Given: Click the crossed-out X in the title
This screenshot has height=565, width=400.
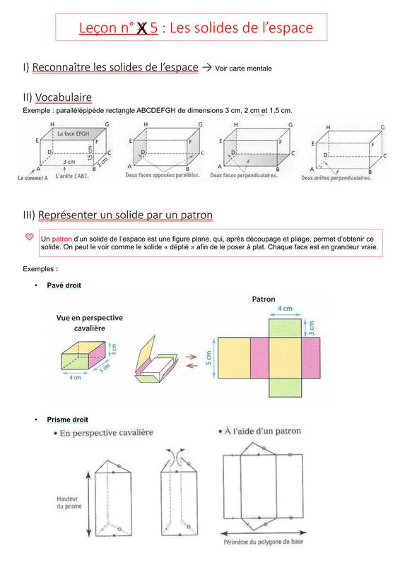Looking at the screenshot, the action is click(x=142, y=28).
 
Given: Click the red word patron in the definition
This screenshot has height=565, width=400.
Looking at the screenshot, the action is click(x=61, y=239).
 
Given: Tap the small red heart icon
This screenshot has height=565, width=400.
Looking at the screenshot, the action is click(x=30, y=237).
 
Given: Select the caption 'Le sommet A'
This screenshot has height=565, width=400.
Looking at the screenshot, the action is click(x=33, y=178).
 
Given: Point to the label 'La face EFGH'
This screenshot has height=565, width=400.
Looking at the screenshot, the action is click(x=73, y=133).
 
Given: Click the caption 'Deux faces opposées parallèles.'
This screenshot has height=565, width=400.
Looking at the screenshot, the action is click(x=163, y=175).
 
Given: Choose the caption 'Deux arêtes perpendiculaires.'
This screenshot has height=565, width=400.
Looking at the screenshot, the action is click(x=336, y=178).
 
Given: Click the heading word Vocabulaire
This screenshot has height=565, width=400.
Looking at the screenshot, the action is click(x=64, y=97).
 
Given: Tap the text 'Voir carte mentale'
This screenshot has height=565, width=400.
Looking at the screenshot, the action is click(x=243, y=69).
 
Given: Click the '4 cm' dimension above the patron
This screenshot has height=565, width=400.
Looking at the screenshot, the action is click(x=285, y=309).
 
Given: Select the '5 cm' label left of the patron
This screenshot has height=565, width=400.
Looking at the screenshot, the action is click(x=209, y=358).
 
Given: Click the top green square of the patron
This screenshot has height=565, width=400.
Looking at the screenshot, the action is click(x=285, y=328).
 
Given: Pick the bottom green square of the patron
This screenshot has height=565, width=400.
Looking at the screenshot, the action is click(x=285, y=387).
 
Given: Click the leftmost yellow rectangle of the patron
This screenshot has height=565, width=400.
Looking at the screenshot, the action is click(x=234, y=358).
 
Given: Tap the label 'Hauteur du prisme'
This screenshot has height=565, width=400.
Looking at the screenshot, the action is click(x=69, y=502).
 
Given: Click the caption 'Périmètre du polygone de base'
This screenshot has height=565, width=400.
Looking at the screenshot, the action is click(x=264, y=542).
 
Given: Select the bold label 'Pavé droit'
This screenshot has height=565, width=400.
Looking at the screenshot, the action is click(x=64, y=285).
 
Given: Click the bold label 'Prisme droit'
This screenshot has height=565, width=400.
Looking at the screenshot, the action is click(x=67, y=420).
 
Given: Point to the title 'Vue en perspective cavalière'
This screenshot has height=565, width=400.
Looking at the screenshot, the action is click(x=90, y=323).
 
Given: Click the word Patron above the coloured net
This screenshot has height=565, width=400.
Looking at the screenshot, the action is click(x=264, y=299).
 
